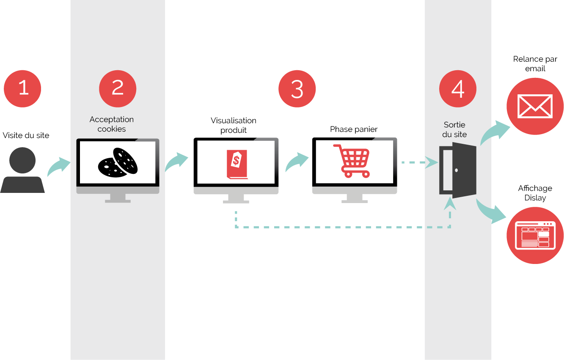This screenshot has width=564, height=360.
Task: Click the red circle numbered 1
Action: point(22,88)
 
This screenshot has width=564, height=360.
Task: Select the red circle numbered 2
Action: point(118,88)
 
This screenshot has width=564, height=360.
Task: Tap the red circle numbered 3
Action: point(297,88)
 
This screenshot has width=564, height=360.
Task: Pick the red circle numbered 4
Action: point(458,88)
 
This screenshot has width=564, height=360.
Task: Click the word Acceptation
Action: point(112,120)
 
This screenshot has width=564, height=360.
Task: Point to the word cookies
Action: point(112,129)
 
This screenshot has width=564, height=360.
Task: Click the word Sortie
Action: point(454,125)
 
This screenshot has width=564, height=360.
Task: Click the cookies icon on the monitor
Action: point(118,162)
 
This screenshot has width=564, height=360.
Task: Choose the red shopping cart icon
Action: point(352,161)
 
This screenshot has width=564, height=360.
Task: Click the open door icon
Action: point(458,170)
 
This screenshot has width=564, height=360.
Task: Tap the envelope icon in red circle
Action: point(535,106)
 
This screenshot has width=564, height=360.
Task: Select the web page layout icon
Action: point(535,235)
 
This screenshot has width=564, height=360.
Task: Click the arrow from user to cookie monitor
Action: point(58,166)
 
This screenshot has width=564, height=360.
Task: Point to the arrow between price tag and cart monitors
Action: point(297,162)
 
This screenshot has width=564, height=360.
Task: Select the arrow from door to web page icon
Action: point(491,211)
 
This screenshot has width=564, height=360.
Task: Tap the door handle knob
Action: point(456,170)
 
